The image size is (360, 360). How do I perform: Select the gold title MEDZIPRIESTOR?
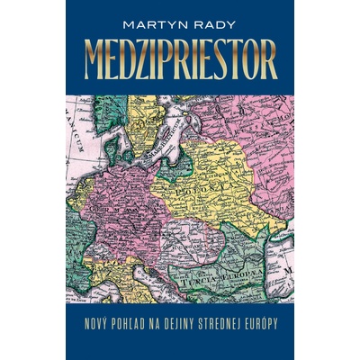[x=180, y=60]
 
